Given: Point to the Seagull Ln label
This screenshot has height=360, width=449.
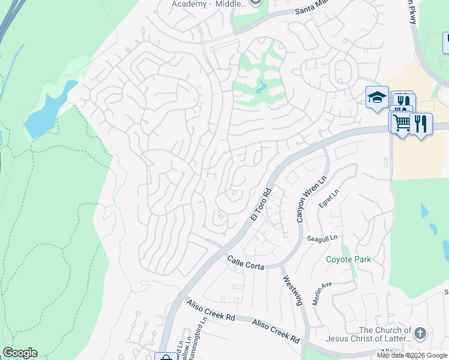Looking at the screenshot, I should [319, 238].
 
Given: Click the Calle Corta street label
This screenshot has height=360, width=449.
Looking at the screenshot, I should [246, 262].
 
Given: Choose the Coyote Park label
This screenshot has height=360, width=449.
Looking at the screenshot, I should [348, 260].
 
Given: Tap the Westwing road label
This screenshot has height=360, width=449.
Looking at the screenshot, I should [292, 290].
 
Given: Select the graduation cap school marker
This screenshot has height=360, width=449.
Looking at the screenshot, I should [376, 97].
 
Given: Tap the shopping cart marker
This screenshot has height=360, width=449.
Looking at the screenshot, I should [400, 122].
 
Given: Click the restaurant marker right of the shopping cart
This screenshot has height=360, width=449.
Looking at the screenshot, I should [421, 124].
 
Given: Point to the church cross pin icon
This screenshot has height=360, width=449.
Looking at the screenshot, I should [420, 332].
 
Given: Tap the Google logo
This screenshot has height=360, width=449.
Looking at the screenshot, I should [19, 353].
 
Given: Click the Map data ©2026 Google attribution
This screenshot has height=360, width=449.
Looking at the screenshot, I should [412, 355].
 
